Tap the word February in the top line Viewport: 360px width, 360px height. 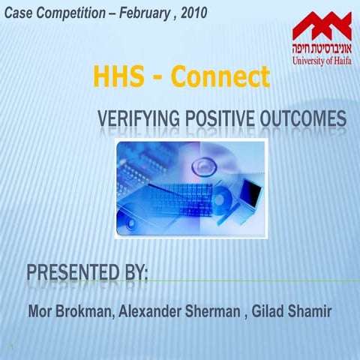tap(143, 13)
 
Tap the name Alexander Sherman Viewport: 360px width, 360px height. tap(179, 311)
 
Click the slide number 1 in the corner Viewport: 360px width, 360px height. tap(13, 347)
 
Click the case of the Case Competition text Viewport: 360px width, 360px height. tap(19, 13)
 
